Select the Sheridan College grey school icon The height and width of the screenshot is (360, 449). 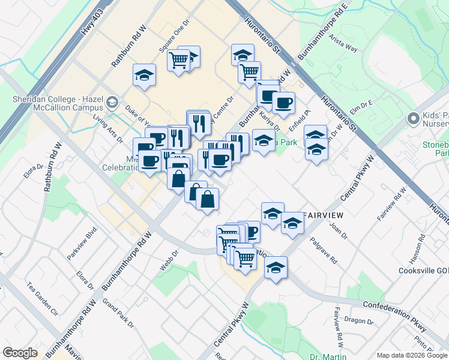pos(111,103)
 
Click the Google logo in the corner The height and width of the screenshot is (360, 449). pos(20,353)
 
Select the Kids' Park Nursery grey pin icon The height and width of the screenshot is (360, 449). pos(413,118)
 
